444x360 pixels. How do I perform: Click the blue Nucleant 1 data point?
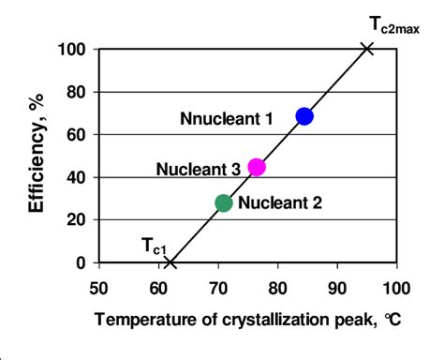(x=303, y=116)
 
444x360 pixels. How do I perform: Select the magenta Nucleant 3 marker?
(x=257, y=168)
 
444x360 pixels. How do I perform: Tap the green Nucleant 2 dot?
(x=224, y=202)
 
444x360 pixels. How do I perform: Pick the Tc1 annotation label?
(x=155, y=246)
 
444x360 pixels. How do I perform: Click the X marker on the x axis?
(x=170, y=262)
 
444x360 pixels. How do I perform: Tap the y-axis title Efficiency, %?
(x=37, y=154)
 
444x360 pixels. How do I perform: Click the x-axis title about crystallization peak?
(x=247, y=318)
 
